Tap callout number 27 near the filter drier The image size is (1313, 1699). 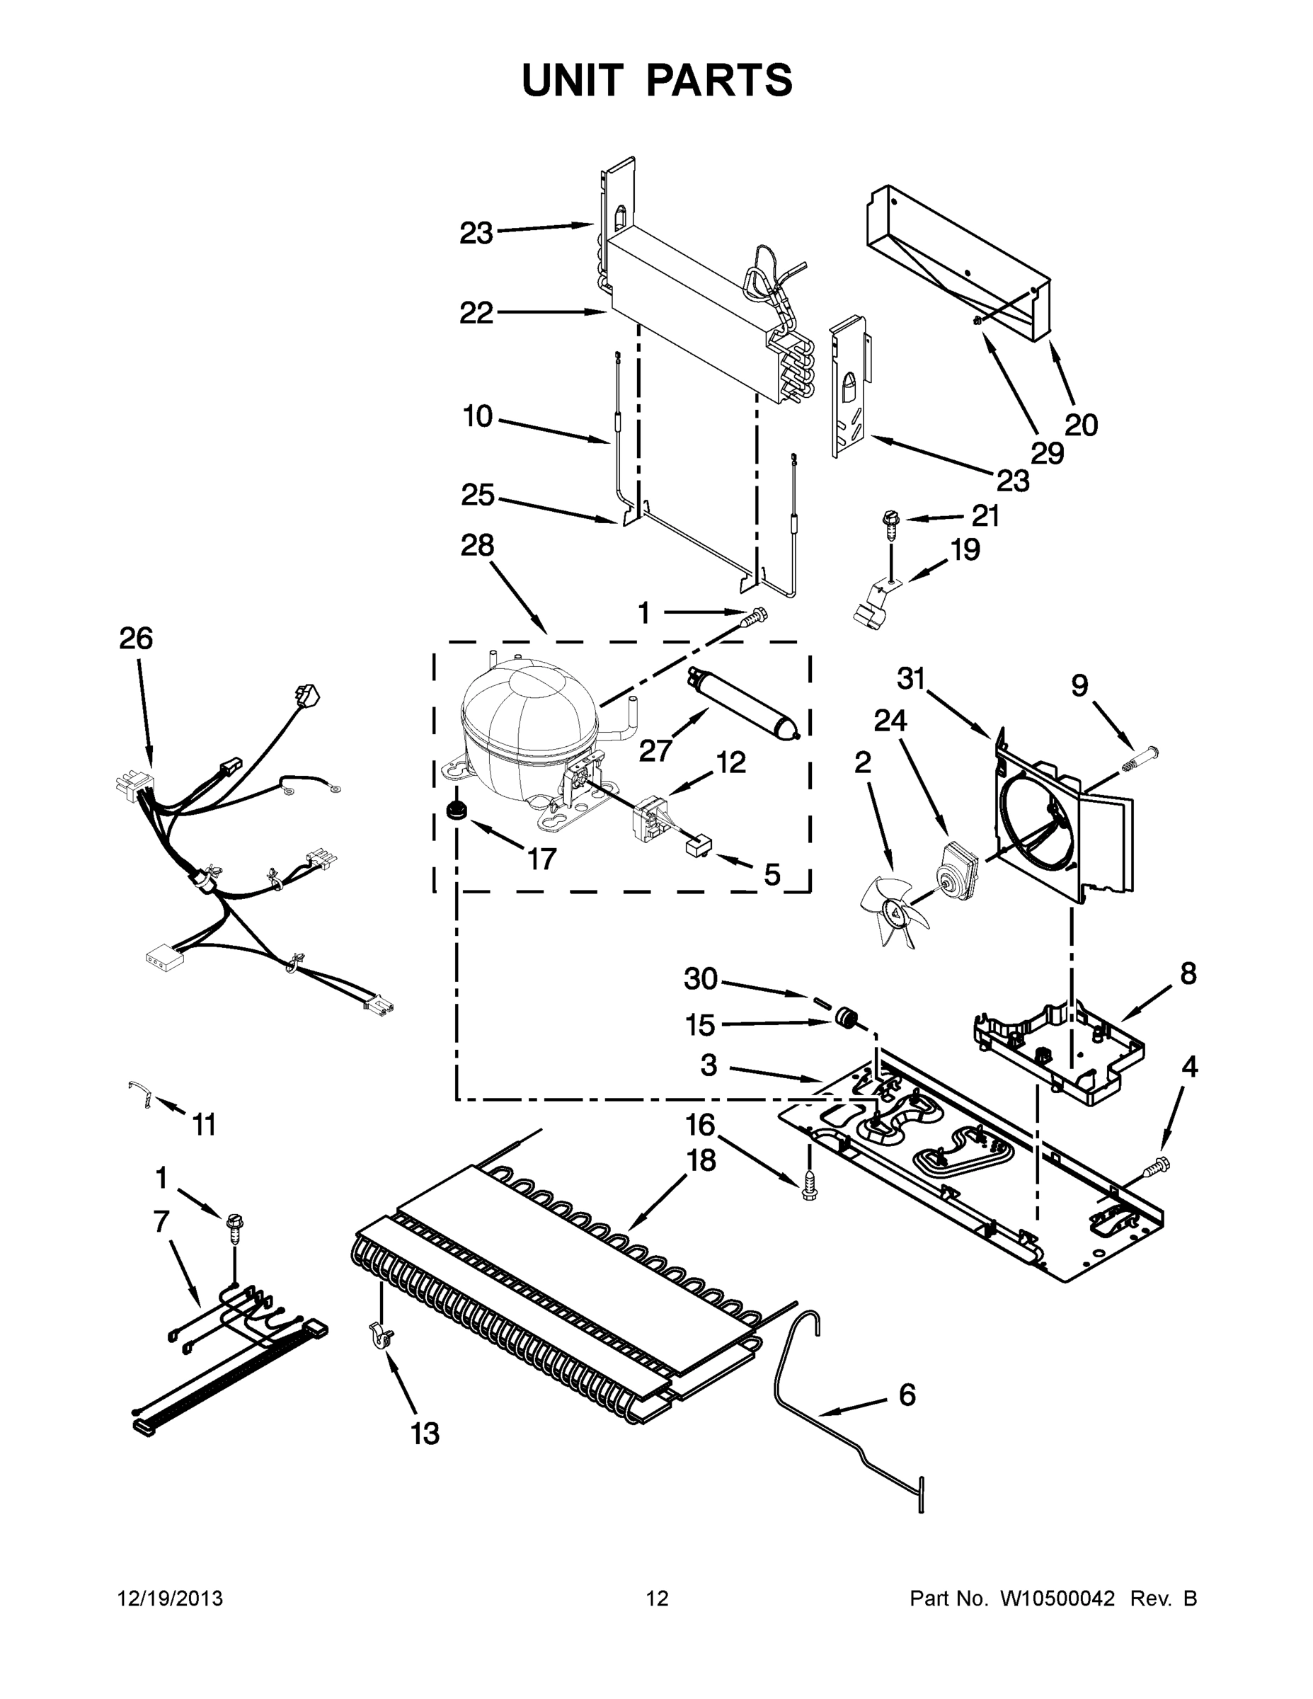coord(655,750)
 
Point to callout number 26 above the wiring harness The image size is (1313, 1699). coord(136,639)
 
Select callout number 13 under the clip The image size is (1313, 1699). coord(425,1432)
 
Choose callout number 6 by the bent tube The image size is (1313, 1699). coord(907,1395)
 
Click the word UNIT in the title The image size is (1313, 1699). coord(573,80)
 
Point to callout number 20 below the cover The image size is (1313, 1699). coord(1080,425)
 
